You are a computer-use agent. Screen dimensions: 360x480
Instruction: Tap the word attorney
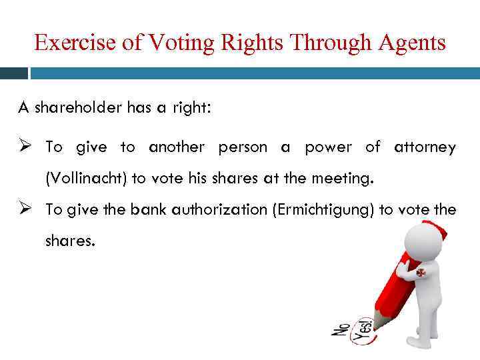425,147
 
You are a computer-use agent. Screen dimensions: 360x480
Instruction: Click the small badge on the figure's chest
421,273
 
